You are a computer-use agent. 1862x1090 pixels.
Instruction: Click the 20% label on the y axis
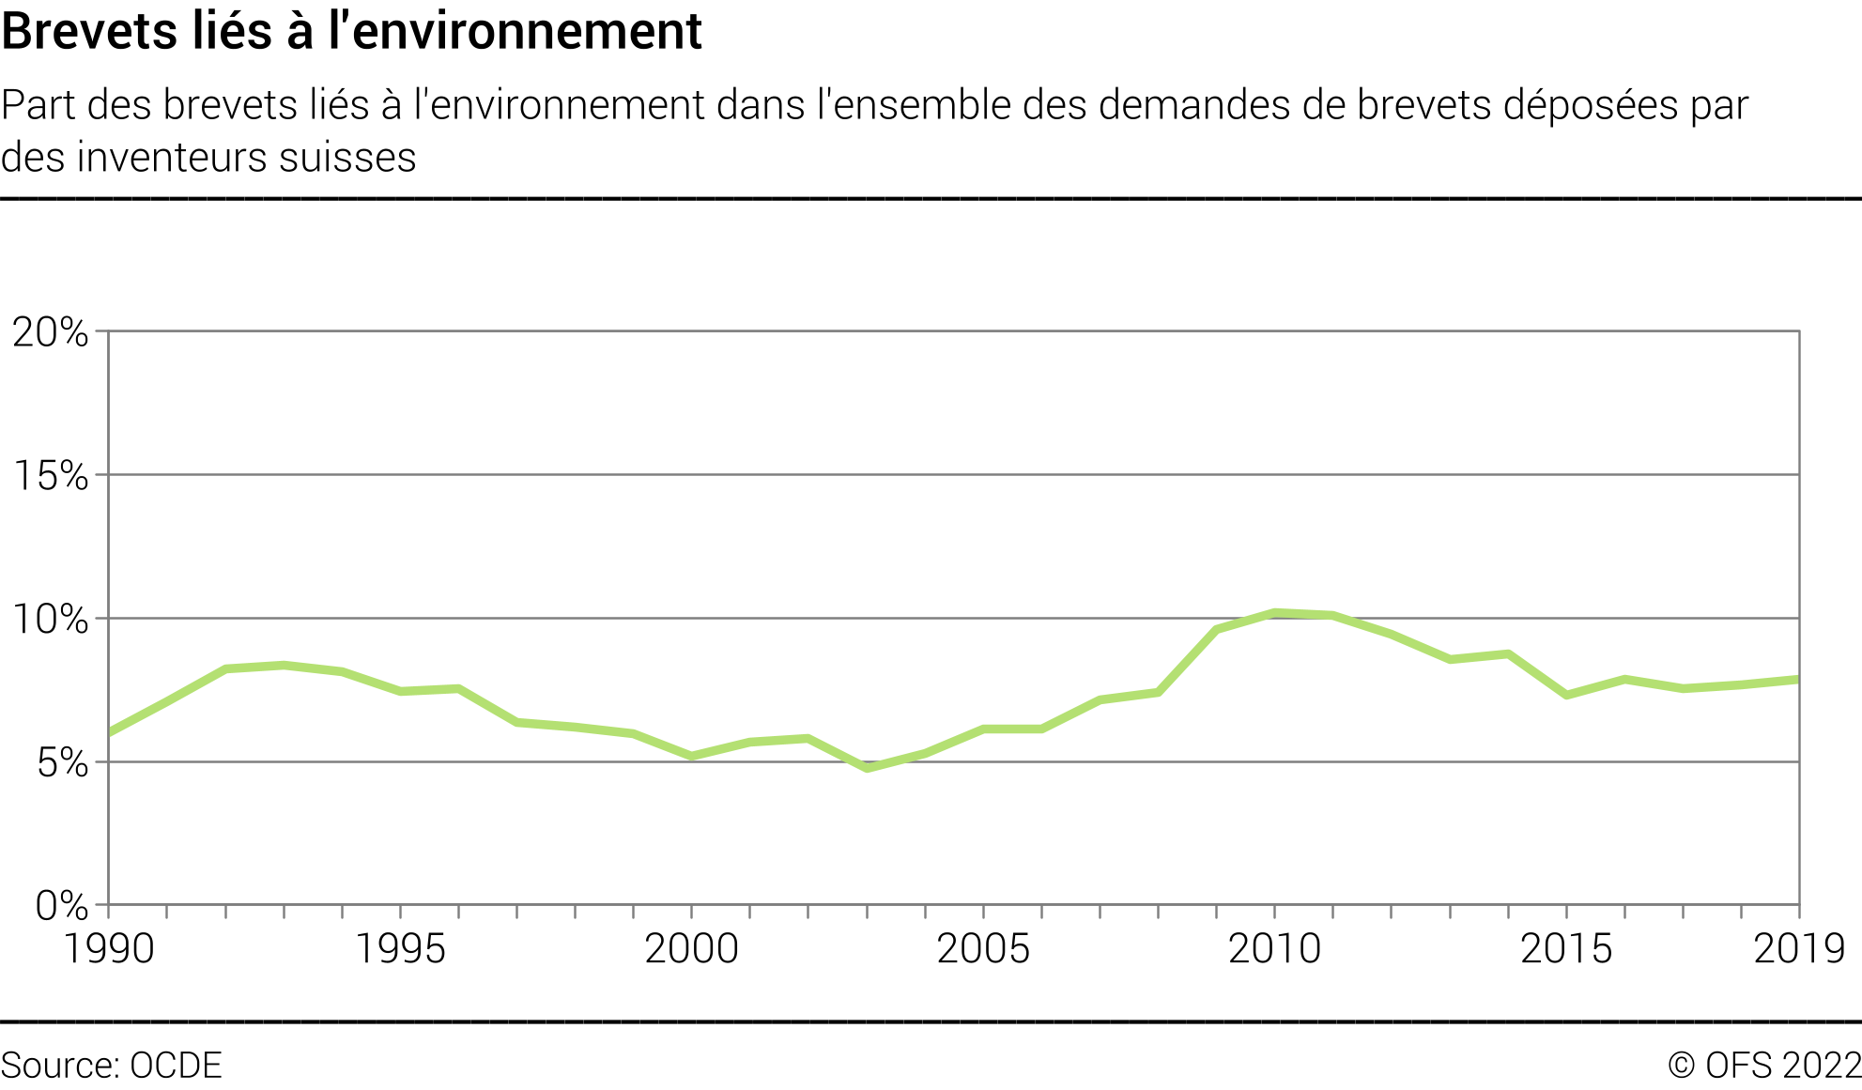[50, 332]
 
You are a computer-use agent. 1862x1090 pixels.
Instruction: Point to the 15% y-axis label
[50, 476]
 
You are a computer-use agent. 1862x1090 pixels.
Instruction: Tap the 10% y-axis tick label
[50, 620]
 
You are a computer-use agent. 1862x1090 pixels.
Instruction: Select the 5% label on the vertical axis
[62, 763]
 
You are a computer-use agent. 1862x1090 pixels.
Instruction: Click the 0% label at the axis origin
[62, 906]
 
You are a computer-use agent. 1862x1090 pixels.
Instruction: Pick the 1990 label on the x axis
[109, 949]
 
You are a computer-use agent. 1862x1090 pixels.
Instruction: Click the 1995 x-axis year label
[400, 949]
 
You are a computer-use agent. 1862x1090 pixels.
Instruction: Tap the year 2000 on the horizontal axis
[692, 949]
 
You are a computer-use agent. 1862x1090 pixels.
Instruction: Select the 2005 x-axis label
[983, 949]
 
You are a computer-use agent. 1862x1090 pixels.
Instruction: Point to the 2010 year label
[1274, 949]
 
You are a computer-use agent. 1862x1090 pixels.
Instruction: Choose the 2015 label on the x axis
[1566, 949]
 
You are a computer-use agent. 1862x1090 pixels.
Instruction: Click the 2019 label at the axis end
[1799, 949]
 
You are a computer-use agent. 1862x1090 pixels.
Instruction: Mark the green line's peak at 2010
[1274, 613]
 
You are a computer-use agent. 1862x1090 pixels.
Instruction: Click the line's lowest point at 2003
[867, 768]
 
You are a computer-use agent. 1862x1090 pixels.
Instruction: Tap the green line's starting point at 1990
[110, 732]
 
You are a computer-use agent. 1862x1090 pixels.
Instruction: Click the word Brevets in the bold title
[89, 31]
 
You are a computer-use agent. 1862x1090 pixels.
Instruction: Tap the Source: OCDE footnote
[112, 1066]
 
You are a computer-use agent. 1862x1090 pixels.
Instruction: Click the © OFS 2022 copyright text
[1764, 1066]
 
